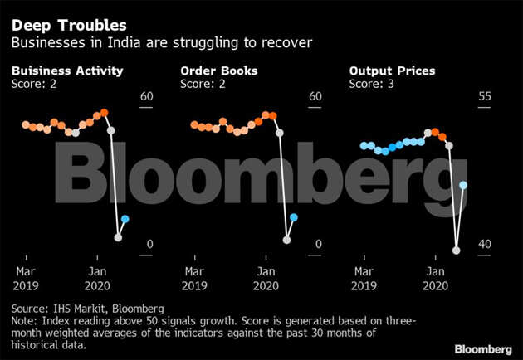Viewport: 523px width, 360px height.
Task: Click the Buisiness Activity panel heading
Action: [67, 71]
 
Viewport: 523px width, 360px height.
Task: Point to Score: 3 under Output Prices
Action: [372, 84]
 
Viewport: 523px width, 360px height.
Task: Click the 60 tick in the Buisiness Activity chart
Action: [147, 97]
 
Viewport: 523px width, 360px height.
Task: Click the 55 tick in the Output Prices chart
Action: [486, 97]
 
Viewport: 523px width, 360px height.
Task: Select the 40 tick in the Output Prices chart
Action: [486, 245]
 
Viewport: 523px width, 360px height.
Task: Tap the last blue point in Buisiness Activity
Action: [125, 219]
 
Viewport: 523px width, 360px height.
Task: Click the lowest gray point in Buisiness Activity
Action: [118, 237]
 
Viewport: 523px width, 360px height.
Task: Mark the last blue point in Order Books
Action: [294, 217]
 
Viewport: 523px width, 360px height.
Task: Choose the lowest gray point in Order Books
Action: [287, 240]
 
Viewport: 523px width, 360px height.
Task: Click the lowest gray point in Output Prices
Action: [456, 249]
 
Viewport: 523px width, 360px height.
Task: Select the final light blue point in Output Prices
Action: [463, 185]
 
